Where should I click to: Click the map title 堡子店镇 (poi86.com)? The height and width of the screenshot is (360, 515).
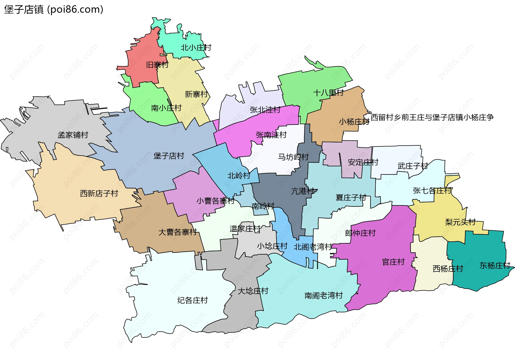[x=54, y=9]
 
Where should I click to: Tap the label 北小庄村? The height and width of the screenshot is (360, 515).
[x=196, y=48]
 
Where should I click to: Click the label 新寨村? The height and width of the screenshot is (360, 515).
[x=196, y=94]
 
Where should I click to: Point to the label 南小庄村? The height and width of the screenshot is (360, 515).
[x=166, y=108]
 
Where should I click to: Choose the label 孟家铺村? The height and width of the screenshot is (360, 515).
[x=73, y=135]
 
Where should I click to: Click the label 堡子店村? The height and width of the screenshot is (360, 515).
[x=169, y=156]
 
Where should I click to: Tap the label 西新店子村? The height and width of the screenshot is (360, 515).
[x=99, y=193]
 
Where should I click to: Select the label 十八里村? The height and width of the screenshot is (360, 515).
[x=328, y=93]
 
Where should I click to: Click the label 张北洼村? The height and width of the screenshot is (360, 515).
[x=265, y=110]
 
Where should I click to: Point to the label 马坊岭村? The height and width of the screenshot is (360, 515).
[x=293, y=157]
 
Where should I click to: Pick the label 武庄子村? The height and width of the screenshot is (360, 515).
[x=413, y=166]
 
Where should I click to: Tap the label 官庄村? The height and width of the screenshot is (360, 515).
[x=393, y=262]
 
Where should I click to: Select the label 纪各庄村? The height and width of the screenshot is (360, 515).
[x=193, y=300]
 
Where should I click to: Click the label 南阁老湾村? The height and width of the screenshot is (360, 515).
[x=323, y=295]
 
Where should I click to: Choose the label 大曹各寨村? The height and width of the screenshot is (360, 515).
[x=178, y=232]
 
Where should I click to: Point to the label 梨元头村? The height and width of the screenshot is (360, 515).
[x=460, y=222]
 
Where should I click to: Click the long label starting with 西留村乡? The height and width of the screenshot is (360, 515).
[x=432, y=117]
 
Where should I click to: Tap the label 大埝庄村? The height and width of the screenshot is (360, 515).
[x=253, y=291]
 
